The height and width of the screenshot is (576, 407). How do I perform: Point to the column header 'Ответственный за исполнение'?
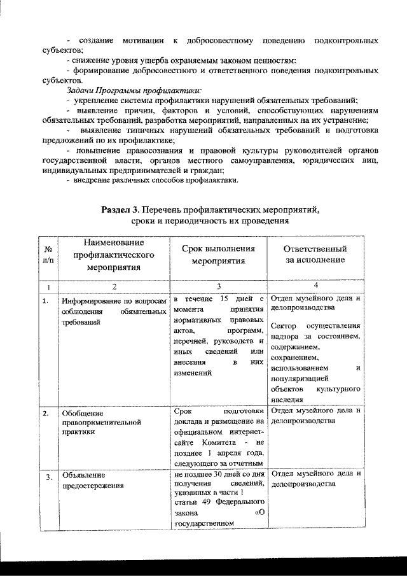(x=314, y=255)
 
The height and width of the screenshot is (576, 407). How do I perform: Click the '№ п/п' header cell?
(x=48, y=255)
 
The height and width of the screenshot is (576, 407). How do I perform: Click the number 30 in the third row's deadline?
(x=219, y=474)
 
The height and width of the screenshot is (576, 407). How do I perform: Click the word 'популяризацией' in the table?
(x=301, y=378)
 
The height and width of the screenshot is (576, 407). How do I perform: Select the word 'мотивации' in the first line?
(x=143, y=41)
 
